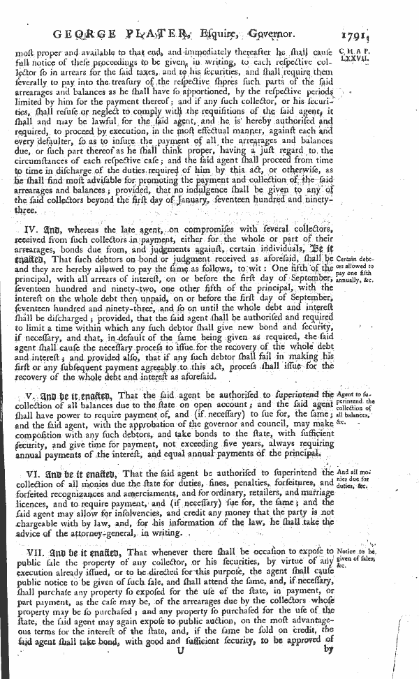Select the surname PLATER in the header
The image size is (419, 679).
click(x=168, y=31)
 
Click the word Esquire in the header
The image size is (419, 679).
click(x=235, y=31)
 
